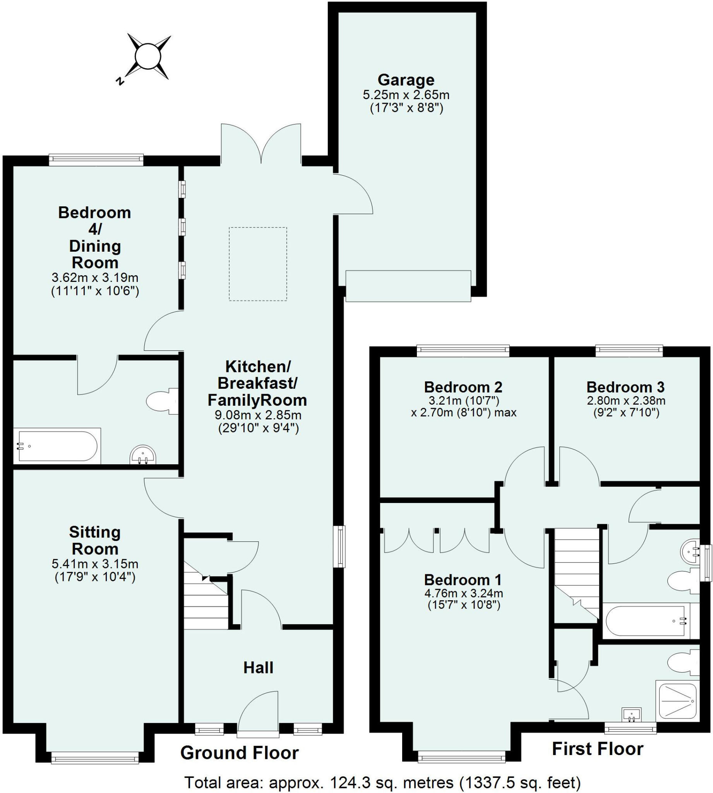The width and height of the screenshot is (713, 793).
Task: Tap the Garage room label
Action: tap(406, 80)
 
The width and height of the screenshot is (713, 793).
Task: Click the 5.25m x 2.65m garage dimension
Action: tap(406, 95)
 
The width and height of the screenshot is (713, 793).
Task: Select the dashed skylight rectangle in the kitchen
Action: tap(258, 264)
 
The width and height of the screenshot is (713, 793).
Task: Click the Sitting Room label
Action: tap(95, 540)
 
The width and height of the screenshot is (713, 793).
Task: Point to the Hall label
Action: tap(258, 668)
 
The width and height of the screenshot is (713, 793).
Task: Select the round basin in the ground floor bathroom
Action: tap(143, 455)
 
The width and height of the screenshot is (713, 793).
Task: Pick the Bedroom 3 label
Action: tap(625, 387)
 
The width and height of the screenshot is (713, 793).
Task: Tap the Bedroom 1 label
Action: tap(463, 580)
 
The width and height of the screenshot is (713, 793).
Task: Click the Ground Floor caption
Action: tap(239, 753)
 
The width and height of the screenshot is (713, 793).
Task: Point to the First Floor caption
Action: tap(597, 749)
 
